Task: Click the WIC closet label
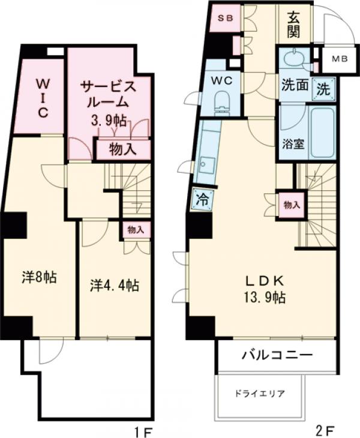click(x=39, y=97)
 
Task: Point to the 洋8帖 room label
click(x=40, y=278)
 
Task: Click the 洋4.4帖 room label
click(x=114, y=285)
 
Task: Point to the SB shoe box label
click(x=225, y=18)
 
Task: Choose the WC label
click(x=217, y=79)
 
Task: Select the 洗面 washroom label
click(x=294, y=86)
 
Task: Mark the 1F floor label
click(x=143, y=430)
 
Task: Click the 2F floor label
click(x=325, y=430)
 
